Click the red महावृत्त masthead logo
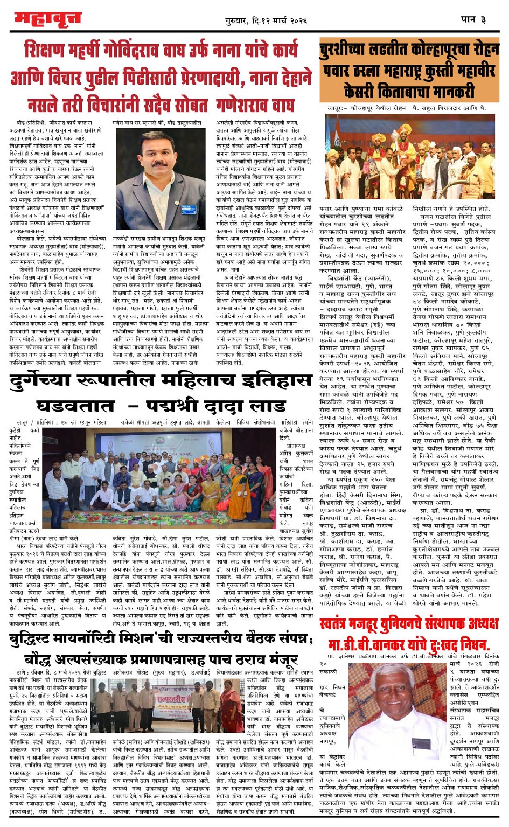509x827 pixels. click(47, 19)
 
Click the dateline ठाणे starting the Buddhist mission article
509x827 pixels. click(22, 672)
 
